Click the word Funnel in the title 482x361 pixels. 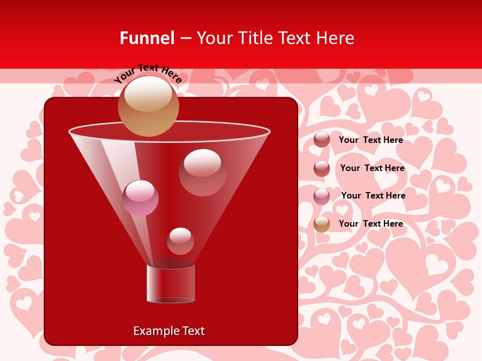pos(147,38)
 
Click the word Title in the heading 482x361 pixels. pos(254,38)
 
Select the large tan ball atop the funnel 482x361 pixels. pos(148,106)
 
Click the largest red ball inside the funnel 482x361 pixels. pos(202,172)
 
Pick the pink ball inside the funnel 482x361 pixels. pos(140,198)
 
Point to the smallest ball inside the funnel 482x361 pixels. pos(180,241)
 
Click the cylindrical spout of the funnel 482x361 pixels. pos(171,284)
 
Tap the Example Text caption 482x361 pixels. pos(169,331)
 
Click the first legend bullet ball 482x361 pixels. pos(322,139)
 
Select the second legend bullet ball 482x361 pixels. pos(322,168)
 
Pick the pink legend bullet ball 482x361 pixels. pos(322,196)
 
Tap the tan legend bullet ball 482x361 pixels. pos(322,224)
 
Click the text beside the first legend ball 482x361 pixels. pos(371,140)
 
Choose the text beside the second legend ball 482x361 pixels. pos(372,168)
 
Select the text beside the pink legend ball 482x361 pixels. pos(373,196)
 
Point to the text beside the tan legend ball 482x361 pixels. pos(371,224)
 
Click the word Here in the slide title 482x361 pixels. pos(336,38)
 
